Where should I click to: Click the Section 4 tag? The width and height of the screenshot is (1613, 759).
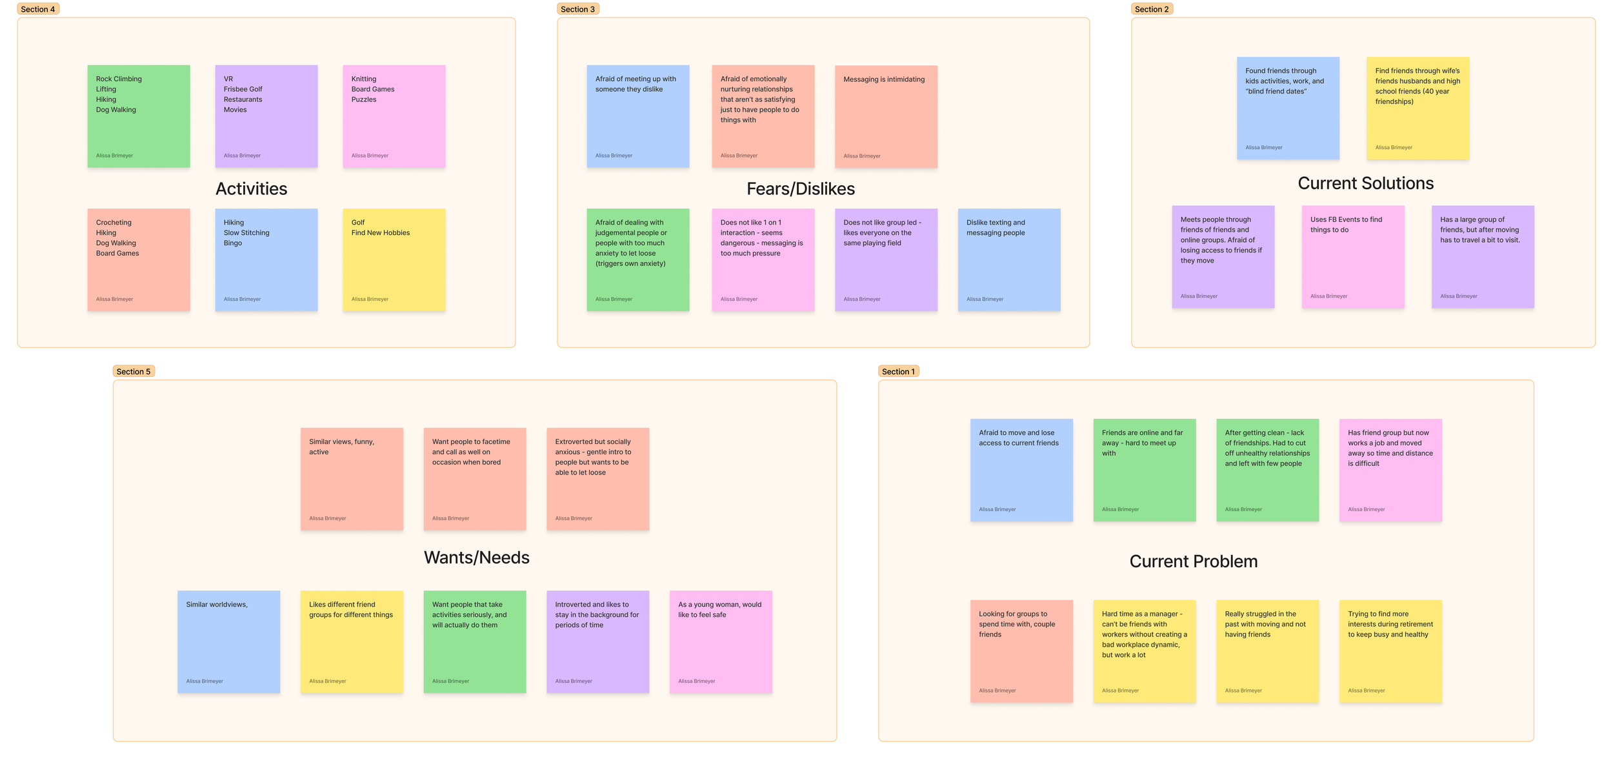coord(38,9)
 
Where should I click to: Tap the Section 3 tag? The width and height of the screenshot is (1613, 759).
coord(577,9)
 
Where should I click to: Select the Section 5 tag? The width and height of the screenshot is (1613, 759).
coord(134,371)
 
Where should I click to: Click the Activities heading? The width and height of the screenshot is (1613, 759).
coord(251,188)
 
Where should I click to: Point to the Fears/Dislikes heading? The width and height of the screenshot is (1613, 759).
coord(800,188)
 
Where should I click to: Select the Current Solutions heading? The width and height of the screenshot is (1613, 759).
coord(1365,183)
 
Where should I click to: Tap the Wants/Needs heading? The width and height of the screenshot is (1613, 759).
coord(476,558)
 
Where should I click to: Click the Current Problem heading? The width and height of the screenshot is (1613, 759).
coord(1193,562)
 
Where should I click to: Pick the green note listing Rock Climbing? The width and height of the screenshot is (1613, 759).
coord(139,116)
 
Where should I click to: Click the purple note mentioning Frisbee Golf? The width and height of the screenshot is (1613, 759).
coord(266,116)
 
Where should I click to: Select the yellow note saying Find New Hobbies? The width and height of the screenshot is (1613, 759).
coord(394,259)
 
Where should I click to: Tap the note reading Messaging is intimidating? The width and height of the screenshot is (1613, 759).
coord(886,116)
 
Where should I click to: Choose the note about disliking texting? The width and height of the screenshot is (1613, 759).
coord(1008,259)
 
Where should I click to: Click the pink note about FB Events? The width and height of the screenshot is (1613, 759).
coord(1352,257)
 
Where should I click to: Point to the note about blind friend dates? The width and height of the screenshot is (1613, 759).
coord(1288,108)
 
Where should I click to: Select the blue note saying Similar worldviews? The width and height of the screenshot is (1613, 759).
coord(228,642)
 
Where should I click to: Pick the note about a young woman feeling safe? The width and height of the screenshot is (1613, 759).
coord(720,642)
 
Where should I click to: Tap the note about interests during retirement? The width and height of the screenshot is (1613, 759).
coord(1390,651)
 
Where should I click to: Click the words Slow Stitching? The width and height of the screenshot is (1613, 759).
coord(246,233)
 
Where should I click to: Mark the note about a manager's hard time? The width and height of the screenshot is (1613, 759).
coord(1144,651)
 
